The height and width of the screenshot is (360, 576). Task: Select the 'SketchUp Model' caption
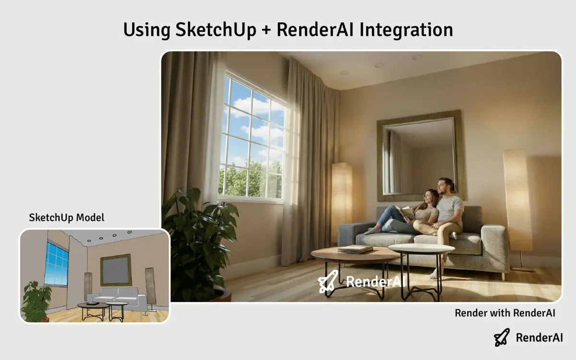tap(66, 217)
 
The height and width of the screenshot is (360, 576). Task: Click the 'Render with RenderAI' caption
tap(505, 313)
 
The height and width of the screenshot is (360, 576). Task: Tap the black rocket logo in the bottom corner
tap(502, 337)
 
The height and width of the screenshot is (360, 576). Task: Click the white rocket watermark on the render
tap(328, 281)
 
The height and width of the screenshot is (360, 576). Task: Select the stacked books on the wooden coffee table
tap(355, 249)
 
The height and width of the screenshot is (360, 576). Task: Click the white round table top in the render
tap(421, 249)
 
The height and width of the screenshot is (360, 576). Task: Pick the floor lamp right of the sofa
tap(517, 202)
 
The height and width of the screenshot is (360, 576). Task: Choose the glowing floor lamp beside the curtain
tap(341, 197)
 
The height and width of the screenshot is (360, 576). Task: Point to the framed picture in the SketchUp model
tap(116, 269)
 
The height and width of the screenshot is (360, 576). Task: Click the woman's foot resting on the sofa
tap(371, 231)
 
